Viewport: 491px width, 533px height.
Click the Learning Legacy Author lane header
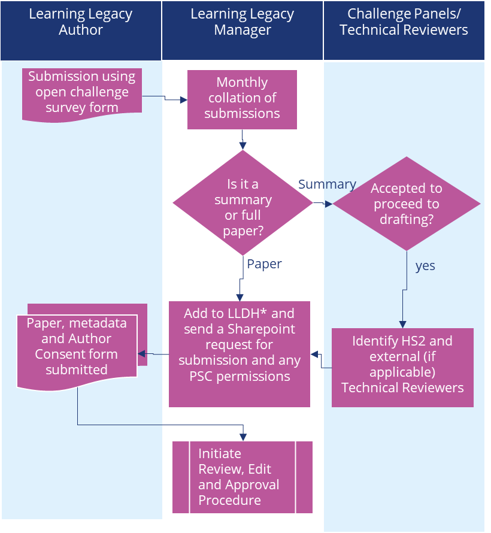[81, 31]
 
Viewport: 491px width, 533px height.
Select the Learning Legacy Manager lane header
[243, 31]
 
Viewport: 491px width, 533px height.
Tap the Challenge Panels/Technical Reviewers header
[404, 31]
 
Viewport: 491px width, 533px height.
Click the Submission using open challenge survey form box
[82, 94]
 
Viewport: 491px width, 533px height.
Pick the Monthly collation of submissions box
[243, 99]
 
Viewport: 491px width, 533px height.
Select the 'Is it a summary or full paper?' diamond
[243, 202]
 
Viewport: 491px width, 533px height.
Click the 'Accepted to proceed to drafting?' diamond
[407, 204]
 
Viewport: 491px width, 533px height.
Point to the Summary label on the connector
[327, 184]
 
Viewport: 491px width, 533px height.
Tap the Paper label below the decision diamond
[264, 264]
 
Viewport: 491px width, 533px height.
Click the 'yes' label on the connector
[425, 266]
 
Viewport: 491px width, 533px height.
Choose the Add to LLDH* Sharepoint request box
[240, 354]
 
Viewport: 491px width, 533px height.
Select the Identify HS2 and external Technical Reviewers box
[402, 368]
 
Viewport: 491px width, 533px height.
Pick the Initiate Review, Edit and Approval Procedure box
[243, 477]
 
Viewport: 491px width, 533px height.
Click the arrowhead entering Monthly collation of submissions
[184, 100]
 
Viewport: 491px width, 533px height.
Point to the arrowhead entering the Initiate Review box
[243, 438]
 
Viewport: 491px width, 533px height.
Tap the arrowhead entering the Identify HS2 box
[402, 324]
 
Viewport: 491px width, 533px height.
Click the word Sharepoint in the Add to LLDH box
[261, 329]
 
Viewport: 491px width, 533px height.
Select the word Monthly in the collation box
[243, 83]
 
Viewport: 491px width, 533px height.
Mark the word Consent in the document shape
[57, 354]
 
